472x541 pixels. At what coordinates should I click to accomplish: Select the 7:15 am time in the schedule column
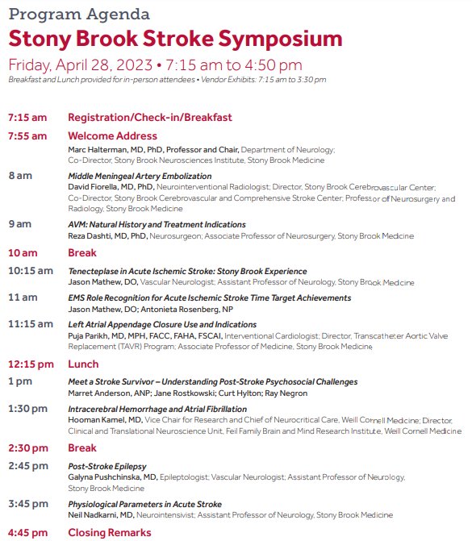(x=28, y=117)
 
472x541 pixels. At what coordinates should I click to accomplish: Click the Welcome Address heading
(x=112, y=135)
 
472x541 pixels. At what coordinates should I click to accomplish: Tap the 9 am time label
(x=20, y=223)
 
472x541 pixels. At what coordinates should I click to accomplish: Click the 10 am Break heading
(x=81, y=252)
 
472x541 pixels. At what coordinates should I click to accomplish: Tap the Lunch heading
(x=83, y=364)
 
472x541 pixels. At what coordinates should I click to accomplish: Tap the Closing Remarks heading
(x=109, y=532)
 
